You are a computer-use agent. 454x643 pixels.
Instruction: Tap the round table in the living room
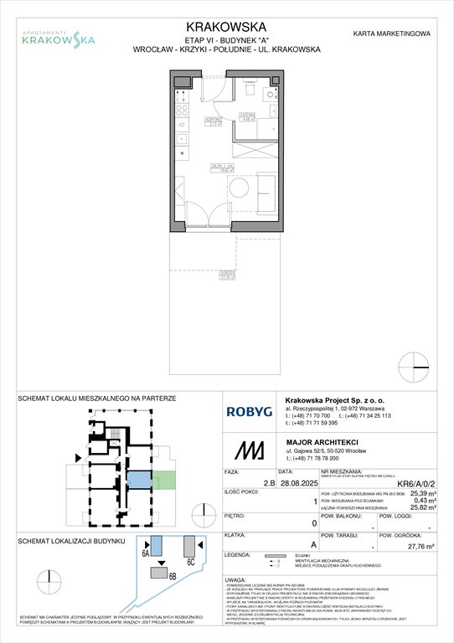click(x=215, y=186)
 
